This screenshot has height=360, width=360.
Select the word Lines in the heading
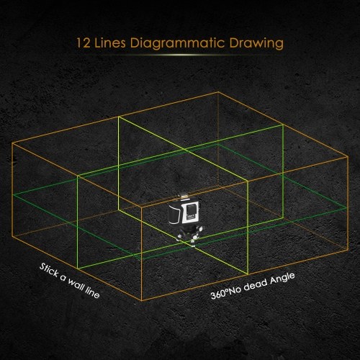point(110,42)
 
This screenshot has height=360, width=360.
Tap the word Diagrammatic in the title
point(178,44)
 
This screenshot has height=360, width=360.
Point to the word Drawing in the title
point(256,44)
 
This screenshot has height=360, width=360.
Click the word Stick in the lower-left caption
point(49,270)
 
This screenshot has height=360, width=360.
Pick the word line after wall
point(93,293)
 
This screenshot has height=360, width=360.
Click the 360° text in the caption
point(219,294)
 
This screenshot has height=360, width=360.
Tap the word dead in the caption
point(256,285)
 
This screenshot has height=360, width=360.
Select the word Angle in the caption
point(282,279)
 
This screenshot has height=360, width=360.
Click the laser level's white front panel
point(191,212)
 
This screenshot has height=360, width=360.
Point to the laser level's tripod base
point(189,235)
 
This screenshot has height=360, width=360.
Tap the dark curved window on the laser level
point(174,214)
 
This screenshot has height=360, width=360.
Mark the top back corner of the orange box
point(218,92)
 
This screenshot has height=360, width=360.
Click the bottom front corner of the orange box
point(142,300)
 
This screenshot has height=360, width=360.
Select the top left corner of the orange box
point(12,143)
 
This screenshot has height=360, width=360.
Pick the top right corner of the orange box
point(348,156)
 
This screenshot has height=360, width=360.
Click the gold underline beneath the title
point(180,55)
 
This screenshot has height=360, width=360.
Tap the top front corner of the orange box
point(142,207)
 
